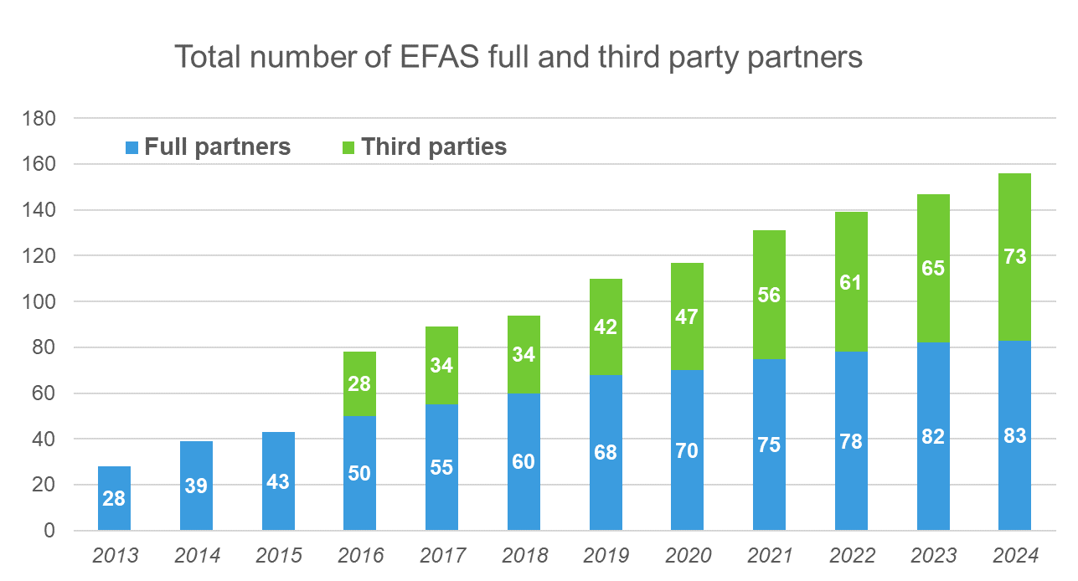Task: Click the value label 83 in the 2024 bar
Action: pyautogui.click(x=1014, y=436)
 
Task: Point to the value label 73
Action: pyautogui.click(x=1014, y=257)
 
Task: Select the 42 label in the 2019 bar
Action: pyautogui.click(x=606, y=327)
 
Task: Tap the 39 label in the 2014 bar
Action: pyautogui.click(x=196, y=486)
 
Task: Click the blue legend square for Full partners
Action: pyautogui.click(x=132, y=148)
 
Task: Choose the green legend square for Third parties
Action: pyautogui.click(x=348, y=148)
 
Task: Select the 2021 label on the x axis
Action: pyautogui.click(x=770, y=556)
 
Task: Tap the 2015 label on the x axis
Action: pyautogui.click(x=278, y=556)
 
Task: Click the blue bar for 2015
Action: pyautogui.click(x=278, y=502)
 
